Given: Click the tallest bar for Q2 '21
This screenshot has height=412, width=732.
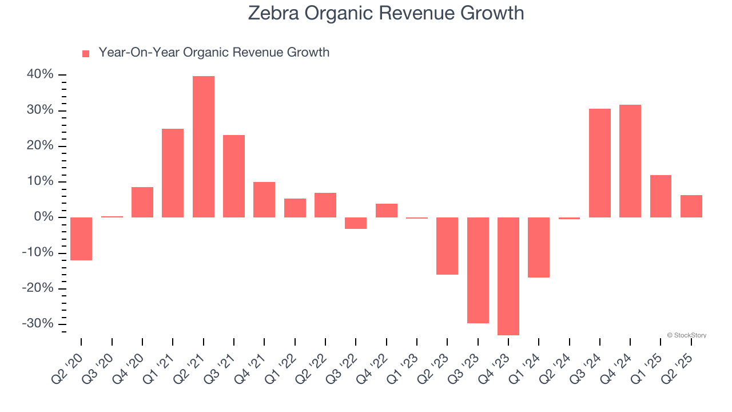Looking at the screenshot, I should [204, 146].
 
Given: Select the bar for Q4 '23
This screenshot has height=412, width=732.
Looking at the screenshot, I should [508, 276].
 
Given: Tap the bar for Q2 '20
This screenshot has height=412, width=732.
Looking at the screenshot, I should [81, 239].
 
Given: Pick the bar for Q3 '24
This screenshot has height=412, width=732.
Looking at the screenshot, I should [600, 163].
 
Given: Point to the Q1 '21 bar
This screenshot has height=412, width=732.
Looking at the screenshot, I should [173, 173].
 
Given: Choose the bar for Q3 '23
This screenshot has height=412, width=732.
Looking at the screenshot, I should [478, 270].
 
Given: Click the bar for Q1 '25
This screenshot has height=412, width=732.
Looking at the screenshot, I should [661, 196].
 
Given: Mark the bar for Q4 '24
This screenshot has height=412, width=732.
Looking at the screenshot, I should [630, 161].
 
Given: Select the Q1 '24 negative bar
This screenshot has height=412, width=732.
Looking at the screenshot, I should [539, 247].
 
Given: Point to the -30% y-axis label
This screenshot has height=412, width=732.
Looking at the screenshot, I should [38, 324].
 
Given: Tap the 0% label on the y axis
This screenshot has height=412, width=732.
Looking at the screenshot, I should [43, 217].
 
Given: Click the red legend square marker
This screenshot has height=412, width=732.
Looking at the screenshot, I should [86, 54].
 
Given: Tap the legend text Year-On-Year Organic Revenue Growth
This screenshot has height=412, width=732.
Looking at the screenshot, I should [214, 53].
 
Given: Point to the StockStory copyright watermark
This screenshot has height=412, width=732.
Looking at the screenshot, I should [686, 335].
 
